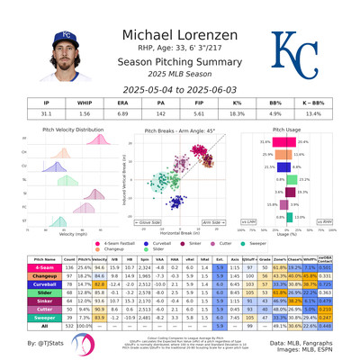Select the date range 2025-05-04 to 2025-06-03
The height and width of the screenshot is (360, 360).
(x=180, y=91)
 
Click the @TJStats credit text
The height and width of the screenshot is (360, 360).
(x=46, y=344)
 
